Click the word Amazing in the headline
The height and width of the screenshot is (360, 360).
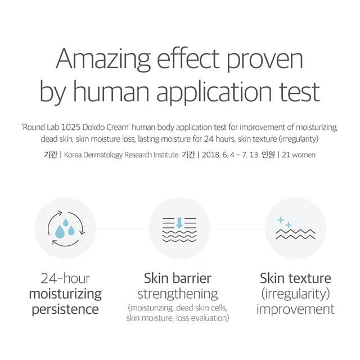pyautogui.click(x=103, y=60)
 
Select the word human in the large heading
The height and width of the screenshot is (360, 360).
pyautogui.click(x=111, y=92)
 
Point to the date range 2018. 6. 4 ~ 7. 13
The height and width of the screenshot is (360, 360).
pyautogui.click(x=230, y=155)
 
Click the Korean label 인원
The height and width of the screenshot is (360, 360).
pyautogui.click(x=268, y=155)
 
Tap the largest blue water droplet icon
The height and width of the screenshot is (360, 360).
pyautogui.click(x=60, y=231)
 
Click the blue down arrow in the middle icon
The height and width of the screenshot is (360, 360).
pyautogui.click(x=179, y=223)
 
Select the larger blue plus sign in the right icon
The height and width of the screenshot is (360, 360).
pyautogui.click(x=281, y=220)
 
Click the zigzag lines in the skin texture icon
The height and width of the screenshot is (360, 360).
pyautogui.click(x=295, y=234)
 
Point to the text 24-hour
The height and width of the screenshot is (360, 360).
pyautogui.click(x=65, y=278)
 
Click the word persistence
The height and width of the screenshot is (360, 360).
pyautogui.click(x=65, y=309)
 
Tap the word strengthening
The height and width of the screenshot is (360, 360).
pyautogui.click(x=178, y=294)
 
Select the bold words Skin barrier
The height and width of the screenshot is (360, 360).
pyautogui.click(x=178, y=278)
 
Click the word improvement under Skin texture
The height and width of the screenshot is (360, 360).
pyautogui.click(x=295, y=309)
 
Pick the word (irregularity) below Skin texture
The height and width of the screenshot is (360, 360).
pyautogui.click(x=295, y=294)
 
